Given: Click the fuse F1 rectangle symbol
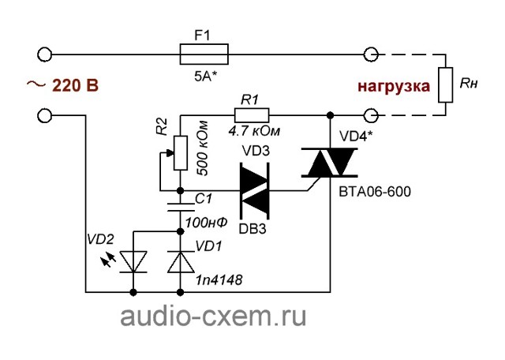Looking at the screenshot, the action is [x=204, y=54].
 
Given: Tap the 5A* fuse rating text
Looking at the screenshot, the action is [x=206, y=77].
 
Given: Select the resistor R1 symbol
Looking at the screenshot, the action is [x=252, y=115].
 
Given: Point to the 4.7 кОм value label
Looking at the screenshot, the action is [x=254, y=131].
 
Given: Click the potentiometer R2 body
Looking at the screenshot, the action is [x=181, y=153].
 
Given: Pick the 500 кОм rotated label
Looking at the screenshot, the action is [x=202, y=148].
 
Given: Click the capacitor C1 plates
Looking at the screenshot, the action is [x=181, y=207].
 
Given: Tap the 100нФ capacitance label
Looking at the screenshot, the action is [x=207, y=222].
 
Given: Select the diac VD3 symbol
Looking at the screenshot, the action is [x=255, y=191].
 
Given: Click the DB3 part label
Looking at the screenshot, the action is [x=252, y=229].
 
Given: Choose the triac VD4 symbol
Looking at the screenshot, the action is [x=330, y=163].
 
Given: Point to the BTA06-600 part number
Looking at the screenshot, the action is [x=375, y=192].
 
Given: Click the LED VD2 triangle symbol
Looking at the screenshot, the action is [x=133, y=262].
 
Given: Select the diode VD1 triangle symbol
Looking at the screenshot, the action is [x=181, y=262].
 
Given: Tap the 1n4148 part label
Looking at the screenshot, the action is [x=219, y=280].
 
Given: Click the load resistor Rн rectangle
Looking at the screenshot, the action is [x=446, y=84].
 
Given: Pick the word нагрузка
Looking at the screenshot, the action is [x=394, y=87].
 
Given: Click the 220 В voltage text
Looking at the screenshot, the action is [x=76, y=86].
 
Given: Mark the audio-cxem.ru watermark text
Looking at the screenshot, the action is [x=213, y=317].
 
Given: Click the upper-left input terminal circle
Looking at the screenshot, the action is [x=44, y=54].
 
